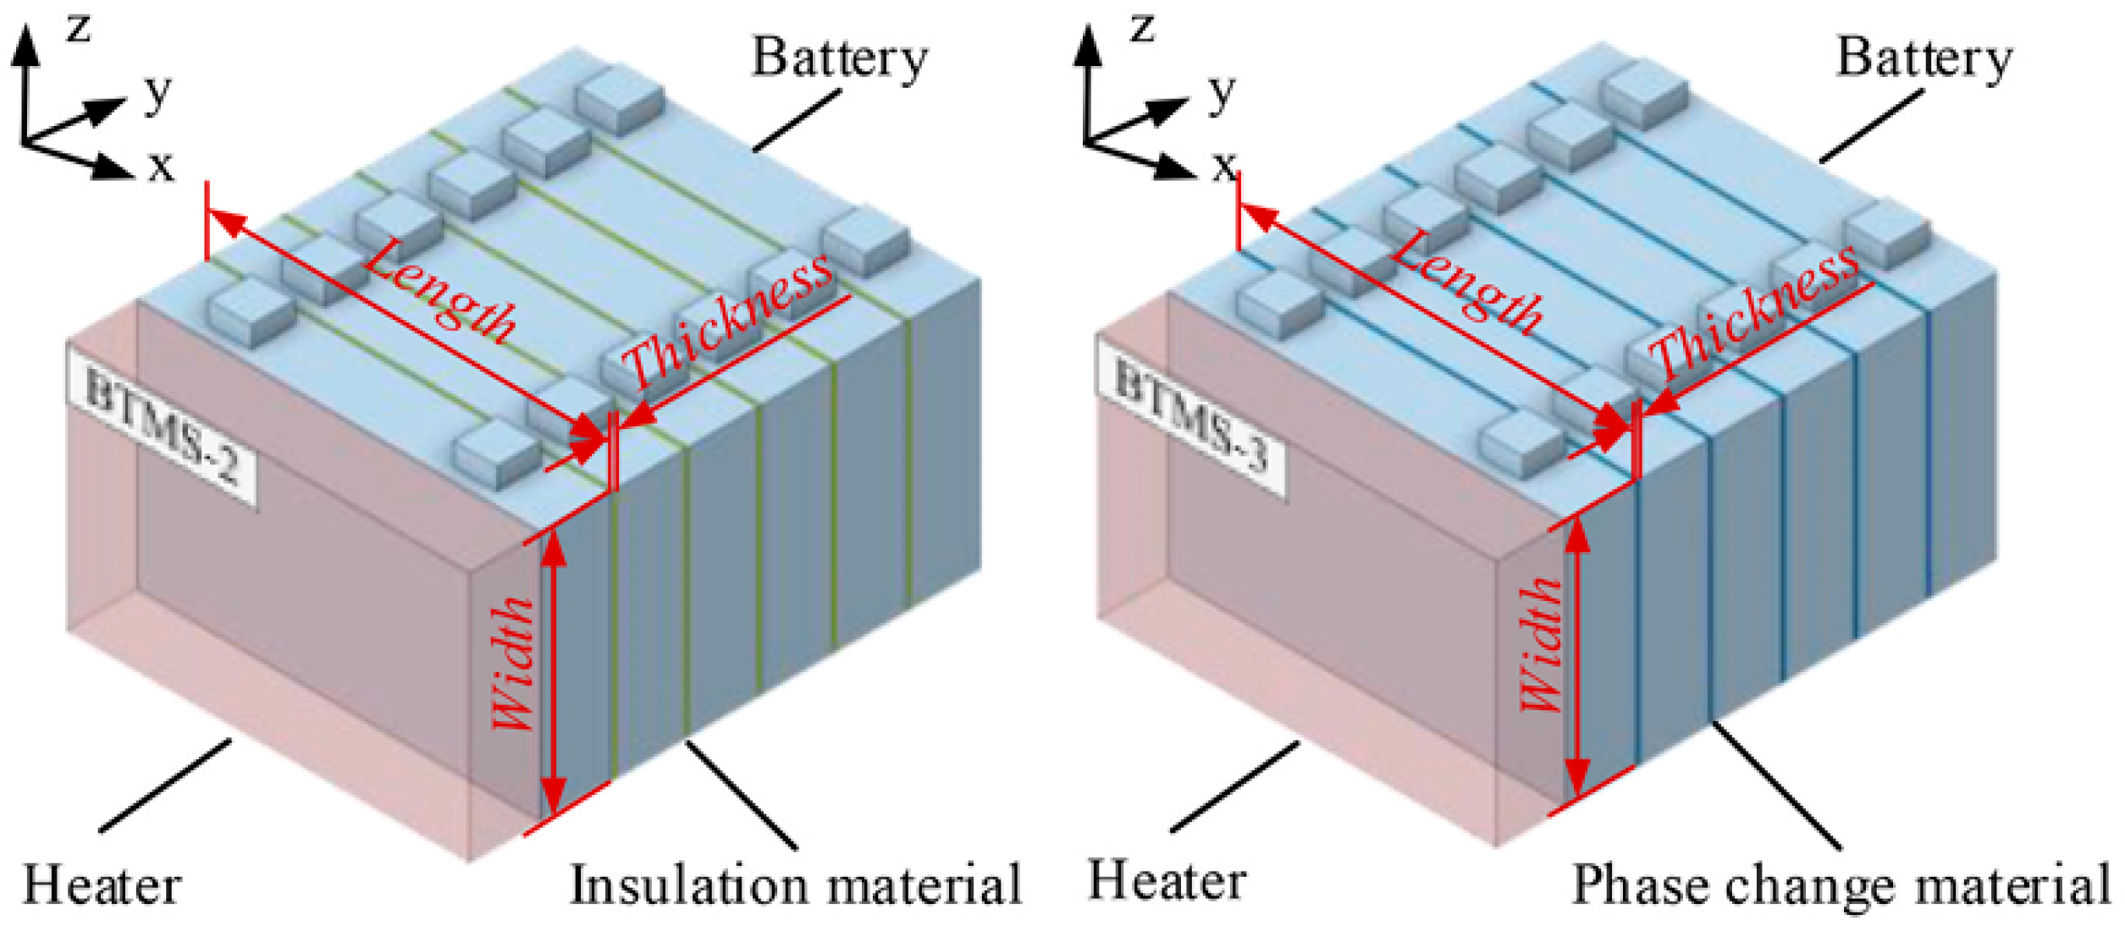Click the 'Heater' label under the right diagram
(1167, 881)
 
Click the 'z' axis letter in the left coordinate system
(79, 28)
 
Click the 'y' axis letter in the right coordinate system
(1222, 91)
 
